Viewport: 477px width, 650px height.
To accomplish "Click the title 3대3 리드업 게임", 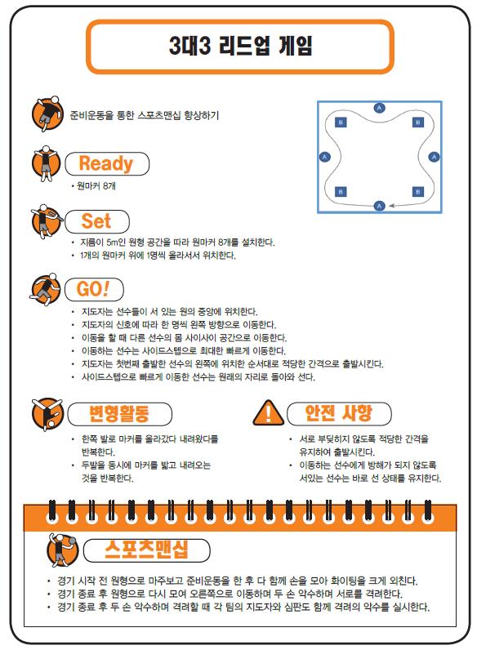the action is (x=240, y=46).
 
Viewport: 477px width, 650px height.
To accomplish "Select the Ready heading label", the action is (x=107, y=163).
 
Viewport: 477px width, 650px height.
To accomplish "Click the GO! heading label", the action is (x=94, y=289).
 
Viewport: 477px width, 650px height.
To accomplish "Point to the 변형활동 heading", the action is (x=119, y=414).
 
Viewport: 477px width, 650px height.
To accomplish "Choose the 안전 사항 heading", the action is (x=339, y=413).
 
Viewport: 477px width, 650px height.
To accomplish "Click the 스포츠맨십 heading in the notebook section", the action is (x=146, y=550).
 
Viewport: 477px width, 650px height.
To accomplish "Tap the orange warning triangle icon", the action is (x=269, y=413).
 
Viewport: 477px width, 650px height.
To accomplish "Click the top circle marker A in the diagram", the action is (x=379, y=108).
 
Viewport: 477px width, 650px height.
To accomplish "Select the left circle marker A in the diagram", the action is (x=324, y=157).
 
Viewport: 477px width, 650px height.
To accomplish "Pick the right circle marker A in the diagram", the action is (x=434, y=157).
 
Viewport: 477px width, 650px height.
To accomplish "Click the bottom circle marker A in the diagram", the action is (x=379, y=206).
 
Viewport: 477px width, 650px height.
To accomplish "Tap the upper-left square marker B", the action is (x=341, y=122).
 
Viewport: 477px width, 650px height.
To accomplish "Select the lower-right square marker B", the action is (x=418, y=192).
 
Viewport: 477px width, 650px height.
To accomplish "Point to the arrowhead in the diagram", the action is (x=392, y=205).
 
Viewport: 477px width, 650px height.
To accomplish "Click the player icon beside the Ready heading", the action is (x=46, y=163).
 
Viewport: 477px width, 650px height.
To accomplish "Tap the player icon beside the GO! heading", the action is (x=45, y=289).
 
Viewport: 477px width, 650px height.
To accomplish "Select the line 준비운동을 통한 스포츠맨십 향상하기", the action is (x=145, y=115).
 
